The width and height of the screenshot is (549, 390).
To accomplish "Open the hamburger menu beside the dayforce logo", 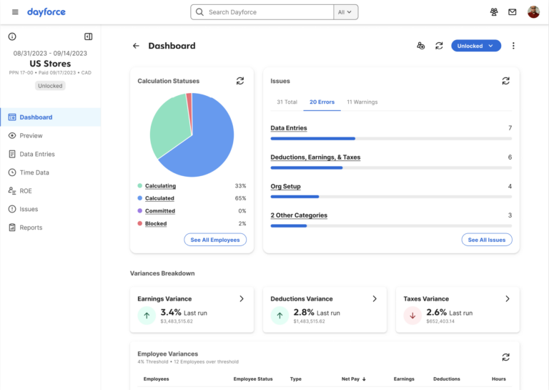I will (15, 12).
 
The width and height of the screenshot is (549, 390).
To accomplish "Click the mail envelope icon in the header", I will (513, 12).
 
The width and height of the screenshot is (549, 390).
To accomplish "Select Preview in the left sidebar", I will (31, 135).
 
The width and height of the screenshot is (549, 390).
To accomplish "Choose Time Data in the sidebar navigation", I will (34, 172).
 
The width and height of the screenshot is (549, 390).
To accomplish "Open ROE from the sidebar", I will (26, 191).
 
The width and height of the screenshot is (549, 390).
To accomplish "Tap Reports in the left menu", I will (31, 228).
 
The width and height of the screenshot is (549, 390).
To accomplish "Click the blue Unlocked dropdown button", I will (475, 46).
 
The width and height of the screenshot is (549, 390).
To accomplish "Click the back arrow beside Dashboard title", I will (136, 46).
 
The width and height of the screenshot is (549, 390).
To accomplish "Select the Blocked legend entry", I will (156, 224).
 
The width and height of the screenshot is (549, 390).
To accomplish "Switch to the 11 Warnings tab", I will (362, 102).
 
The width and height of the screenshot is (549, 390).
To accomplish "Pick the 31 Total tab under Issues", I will (287, 102).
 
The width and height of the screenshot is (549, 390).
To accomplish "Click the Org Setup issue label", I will (285, 186).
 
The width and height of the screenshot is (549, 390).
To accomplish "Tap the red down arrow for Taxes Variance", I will (412, 315).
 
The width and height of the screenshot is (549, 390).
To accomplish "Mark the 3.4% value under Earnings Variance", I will (171, 313).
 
